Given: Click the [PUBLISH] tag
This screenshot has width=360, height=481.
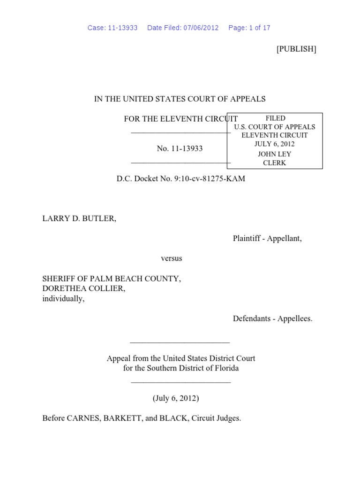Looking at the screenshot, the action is tap(296, 49).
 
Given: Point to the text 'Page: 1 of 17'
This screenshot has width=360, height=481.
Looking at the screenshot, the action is tap(249, 28).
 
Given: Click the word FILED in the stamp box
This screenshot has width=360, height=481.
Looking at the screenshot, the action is tap(275, 118).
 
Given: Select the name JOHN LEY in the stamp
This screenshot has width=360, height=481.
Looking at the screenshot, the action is tap(275, 154).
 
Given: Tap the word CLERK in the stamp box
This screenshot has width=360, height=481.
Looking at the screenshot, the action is tap(275, 163).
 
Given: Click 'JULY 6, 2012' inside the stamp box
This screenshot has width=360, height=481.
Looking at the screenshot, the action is tap(275, 144).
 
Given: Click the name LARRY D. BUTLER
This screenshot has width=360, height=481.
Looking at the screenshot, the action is tap(79, 219).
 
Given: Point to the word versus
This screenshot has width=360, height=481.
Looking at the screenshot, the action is tap(172, 258).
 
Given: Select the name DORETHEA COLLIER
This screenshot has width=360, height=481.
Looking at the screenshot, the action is tap(84, 288).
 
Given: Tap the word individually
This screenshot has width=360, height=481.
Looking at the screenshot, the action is tap(63, 298).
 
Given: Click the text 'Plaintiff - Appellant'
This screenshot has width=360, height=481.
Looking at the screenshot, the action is tap(267, 239).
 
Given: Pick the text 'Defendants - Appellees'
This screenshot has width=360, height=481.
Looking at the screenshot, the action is tap(272, 318).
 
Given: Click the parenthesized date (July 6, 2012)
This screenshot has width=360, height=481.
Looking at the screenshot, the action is tap(176, 398).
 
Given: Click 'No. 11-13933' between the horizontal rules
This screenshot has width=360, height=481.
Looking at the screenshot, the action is tap(180, 148).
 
